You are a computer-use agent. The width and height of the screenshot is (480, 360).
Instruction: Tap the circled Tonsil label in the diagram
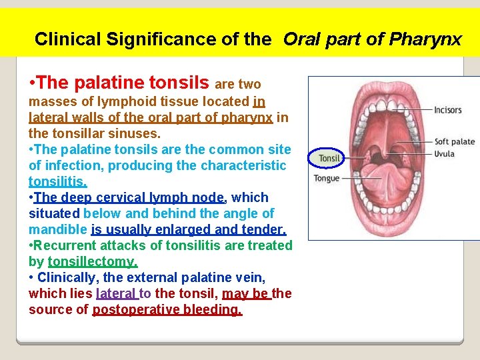[329, 158]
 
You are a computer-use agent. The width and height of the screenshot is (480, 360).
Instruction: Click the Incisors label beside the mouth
[447, 110]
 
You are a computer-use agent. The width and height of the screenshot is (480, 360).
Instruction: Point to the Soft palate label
[454, 141]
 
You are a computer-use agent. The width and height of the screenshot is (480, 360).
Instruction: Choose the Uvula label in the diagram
[444, 154]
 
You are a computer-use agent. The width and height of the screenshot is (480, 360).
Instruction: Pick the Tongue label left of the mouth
[327, 178]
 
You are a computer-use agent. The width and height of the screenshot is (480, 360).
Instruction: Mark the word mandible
[58, 229]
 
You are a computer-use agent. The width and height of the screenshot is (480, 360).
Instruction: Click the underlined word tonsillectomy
[93, 261]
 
